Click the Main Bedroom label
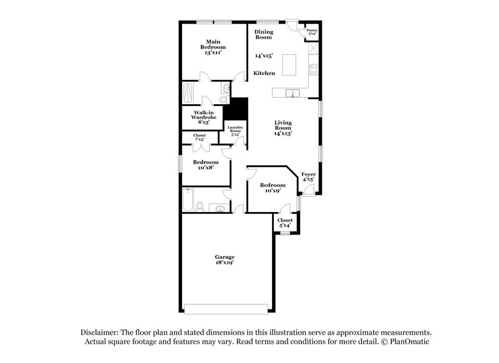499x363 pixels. tap(213, 47)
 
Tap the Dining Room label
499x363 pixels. tap(263, 34)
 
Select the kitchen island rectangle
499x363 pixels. tap(289, 64)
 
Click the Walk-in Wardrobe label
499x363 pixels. tap(203, 117)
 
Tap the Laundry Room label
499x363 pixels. tap(235, 131)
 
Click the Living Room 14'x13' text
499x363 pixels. tap(283, 128)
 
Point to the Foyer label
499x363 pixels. tap(308, 177)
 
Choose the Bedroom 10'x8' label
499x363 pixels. tap(205, 165)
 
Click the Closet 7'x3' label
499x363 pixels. tap(200, 137)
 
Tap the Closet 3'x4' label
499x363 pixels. tap(285, 223)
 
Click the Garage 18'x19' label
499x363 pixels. tap(225, 260)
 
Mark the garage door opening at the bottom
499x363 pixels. tap(228, 307)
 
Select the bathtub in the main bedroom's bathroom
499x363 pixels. tap(189, 94)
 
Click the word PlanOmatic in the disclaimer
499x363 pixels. tap(409, 342)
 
